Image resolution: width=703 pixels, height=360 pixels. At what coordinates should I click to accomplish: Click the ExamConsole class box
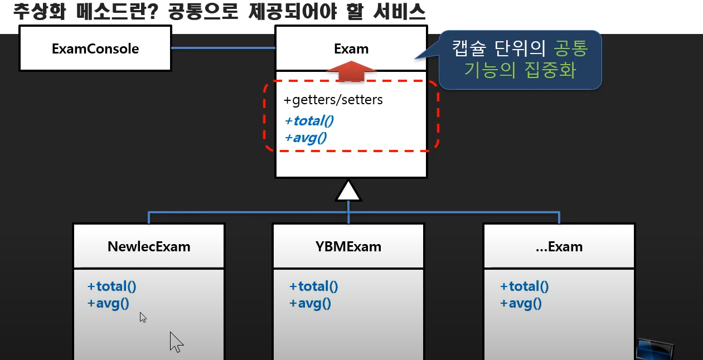[95, 49]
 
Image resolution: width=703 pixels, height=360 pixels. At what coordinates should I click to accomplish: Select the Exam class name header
[351, 49]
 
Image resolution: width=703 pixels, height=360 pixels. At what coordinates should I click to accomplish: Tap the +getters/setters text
[333, 101]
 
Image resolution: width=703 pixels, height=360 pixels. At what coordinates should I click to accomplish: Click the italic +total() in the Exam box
[308, 120]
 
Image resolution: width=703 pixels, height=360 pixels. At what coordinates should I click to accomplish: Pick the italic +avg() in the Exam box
[305, 137]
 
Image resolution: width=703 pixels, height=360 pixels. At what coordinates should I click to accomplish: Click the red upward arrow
[351, 71]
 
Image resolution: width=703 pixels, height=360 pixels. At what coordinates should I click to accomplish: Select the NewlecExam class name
[149, 246]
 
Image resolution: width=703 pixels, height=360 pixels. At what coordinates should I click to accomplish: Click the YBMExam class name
[348, 246]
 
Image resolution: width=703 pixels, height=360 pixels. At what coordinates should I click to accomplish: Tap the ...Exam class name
[559, 246]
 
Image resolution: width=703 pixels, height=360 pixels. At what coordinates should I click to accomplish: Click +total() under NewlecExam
[111, 286]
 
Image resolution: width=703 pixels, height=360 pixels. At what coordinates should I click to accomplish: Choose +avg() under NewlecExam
[108, 303]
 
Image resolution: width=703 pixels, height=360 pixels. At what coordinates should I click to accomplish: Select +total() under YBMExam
[313, 286]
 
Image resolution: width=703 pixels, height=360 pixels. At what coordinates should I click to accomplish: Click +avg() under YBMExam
[310, 303]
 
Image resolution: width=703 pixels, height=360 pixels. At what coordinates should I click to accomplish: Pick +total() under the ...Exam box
[524, 286]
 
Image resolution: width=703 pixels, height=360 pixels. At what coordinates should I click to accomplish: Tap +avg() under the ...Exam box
[521, 303]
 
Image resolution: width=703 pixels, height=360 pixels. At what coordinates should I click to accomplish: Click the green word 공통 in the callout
[570, 49]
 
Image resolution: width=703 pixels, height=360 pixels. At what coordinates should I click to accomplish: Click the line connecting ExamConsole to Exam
[223, 48]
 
